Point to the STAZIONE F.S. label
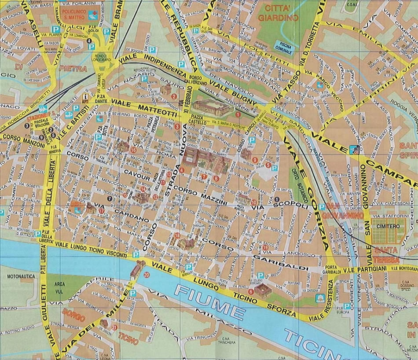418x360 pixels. (37, 119)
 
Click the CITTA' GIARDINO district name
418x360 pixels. (278, 13)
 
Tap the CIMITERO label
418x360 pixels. (387, 226)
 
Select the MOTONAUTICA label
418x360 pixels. (21, 277)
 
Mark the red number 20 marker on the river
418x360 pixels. (146, 275)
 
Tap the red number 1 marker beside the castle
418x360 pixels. (238, 114)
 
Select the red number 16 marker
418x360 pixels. (133, 150)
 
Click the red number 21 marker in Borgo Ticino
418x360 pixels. (114, 327)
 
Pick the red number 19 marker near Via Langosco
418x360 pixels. (266, 248)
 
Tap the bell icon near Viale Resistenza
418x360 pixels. (318, 299)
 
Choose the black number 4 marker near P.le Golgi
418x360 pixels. (89, 41)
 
